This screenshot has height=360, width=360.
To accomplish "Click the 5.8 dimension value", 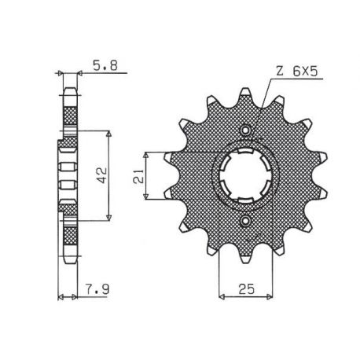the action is click(x=105, y=66).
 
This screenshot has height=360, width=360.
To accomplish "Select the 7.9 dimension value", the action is click(x=97, y=289).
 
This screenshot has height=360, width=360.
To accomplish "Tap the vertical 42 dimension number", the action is click(x=101, y=175).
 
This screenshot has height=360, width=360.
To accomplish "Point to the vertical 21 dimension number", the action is click(x=138, y=176).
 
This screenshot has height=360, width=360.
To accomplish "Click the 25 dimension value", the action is click(x=246, y=288).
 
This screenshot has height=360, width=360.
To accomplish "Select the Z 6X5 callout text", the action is click(x=297, y=71).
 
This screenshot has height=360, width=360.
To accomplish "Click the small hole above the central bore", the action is click(x=245, y=130).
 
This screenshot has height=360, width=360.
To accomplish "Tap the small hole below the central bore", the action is click(x=245, y=221).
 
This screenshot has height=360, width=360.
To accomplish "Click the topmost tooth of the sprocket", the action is click(x=245, y=92).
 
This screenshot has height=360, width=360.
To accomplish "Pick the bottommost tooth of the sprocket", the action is click(x=245, y=259).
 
